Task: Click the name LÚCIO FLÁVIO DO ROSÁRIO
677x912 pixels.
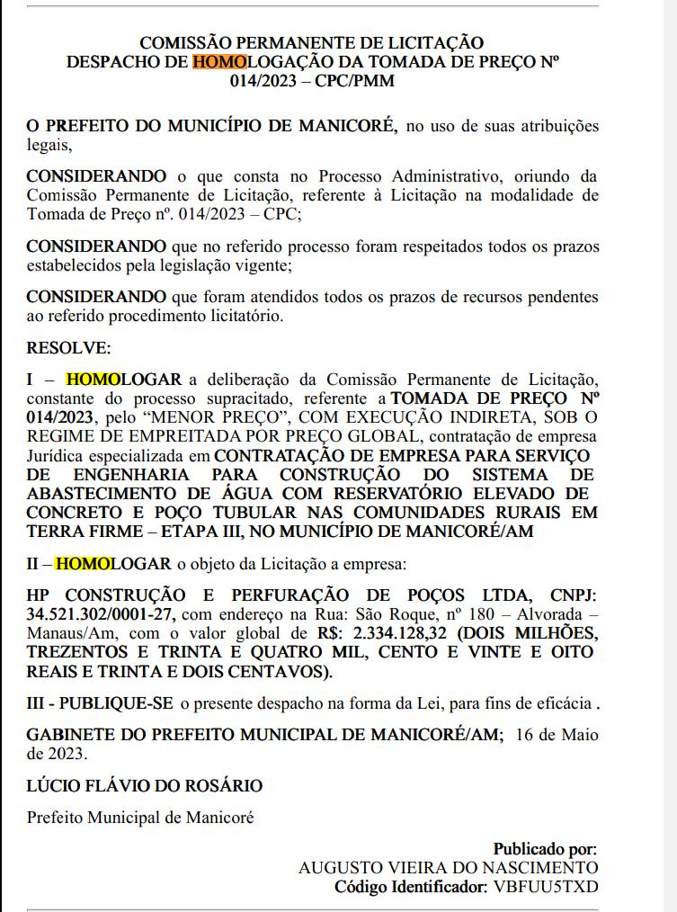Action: pos(145,785)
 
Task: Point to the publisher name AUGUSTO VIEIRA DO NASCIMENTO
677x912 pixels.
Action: pos(448,868)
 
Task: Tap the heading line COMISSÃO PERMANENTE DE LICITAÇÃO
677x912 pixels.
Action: pos(312,42)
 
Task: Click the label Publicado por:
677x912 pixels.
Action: pos(545,848)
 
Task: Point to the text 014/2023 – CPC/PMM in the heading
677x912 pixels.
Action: pos(312,80)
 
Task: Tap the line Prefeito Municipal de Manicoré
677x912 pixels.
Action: pos(140,818)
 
